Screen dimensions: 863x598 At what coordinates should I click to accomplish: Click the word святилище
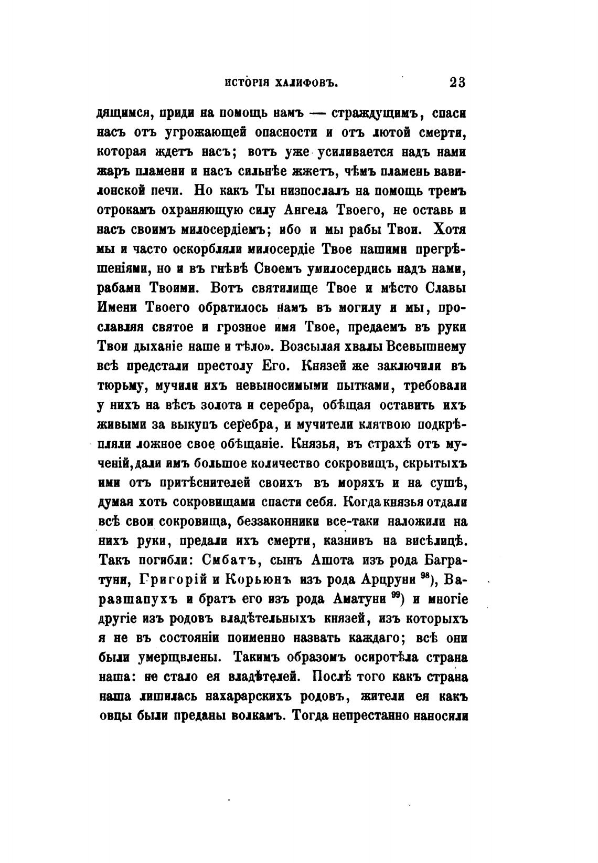[281, 288]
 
